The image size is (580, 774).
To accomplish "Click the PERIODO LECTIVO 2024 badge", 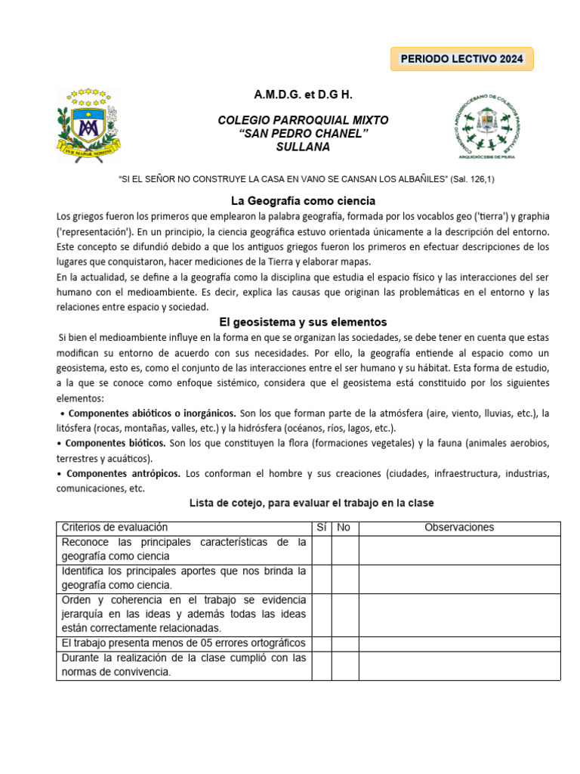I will (461, 59).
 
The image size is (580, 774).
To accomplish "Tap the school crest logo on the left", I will (87, 122).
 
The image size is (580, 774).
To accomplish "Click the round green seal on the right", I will (485, 122).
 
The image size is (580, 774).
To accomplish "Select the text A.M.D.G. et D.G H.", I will (303, 95).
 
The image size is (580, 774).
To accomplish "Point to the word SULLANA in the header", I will (303, 147).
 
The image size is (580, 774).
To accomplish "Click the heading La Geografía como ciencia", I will (303, 201).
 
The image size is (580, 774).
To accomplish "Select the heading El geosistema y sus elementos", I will (303, 322).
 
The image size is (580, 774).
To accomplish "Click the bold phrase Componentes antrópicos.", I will (123, 473).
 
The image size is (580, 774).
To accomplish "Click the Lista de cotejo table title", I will (310, 503).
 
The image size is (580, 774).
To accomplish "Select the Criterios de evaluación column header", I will (115, 528).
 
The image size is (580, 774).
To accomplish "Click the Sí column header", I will (321, 528).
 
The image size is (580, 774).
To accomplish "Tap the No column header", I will (344, 528).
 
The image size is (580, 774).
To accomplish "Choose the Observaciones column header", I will (459, 528).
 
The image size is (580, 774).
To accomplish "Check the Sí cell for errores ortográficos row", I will (321, 643).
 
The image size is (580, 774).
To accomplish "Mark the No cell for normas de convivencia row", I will (344, 665).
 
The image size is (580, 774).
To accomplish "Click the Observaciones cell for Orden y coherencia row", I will (459, 615).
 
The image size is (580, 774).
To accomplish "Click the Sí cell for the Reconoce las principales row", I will (321, 550).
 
